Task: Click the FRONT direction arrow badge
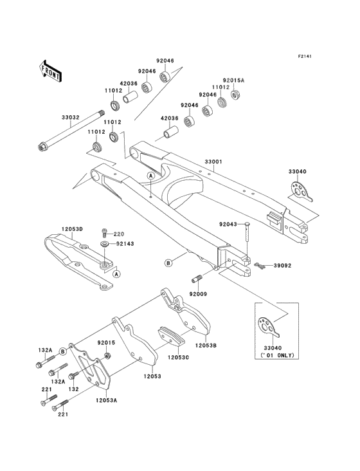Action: pyautogui.click(x=51, y=70)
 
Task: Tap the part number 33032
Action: pyautogui.click(x=71, y=118)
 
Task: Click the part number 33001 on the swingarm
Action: pyautogui.click(x=213, y=162)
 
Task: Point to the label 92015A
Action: pyautogui.click(x=234, y=80)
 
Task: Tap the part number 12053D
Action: pyautogui.click(x=74, y=228)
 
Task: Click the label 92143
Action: pyautogui.click(x=125, y=245)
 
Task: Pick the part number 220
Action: pyautogui.click(x=119, y=234)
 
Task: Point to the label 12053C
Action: pyautogui.click(x=178, y=356)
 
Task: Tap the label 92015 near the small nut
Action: pyautogui.click(x=106, y=344)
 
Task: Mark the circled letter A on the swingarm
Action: pyautogui.click(x=150, y=175)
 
